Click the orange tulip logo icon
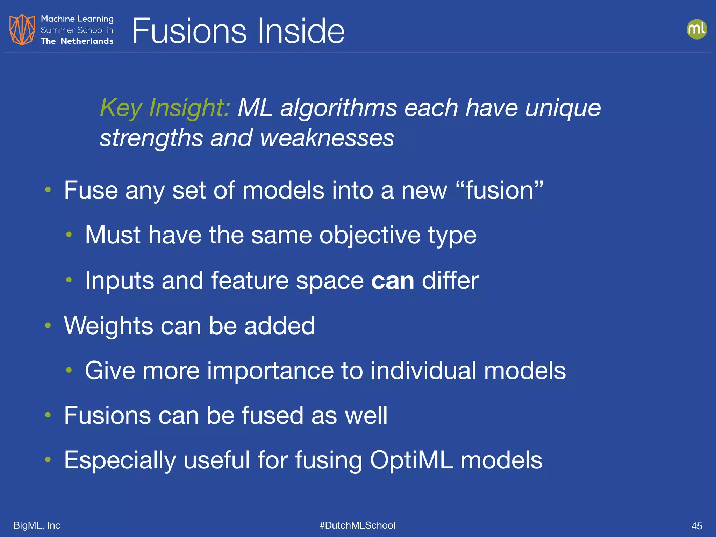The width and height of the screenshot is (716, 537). click(22, 30)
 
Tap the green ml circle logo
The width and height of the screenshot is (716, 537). click(696, 29)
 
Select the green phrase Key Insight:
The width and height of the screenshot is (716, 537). click(165, 108)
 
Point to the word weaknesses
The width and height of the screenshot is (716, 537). click(327, 138)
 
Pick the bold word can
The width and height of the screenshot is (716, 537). click(393, 280)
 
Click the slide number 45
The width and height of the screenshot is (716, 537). click(696, 526)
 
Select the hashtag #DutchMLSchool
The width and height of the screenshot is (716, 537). click(357, 525)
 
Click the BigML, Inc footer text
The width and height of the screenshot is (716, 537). click(37, 525)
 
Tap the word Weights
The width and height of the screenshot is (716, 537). click(108, 326)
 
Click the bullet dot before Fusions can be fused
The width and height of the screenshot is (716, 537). click(48, 415)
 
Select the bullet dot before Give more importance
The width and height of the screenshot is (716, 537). click(69, 370)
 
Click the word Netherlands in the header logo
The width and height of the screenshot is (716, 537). click(87, 41)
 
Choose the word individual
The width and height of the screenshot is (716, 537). click(423, 371)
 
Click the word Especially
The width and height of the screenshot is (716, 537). click(120, 460)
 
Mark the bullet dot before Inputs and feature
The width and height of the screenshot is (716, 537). click(69, 280)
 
